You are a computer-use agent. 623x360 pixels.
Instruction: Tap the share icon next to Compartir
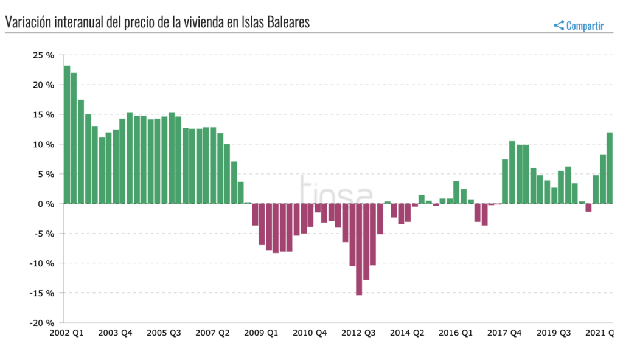pos(559,26)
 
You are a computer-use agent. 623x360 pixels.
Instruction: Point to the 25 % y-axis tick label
pos(43,55)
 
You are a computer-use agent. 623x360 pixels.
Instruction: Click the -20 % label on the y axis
pos(42,323)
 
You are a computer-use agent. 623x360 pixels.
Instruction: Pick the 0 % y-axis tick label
pos(46,204)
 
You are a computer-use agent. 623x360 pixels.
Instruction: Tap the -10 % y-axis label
pos(42,263)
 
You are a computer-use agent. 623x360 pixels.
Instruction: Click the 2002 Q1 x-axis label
pos(68,333)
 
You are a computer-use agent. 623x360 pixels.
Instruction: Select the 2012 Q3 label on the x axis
pos(360,333)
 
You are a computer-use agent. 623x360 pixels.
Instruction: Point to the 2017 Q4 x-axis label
pos(506,333)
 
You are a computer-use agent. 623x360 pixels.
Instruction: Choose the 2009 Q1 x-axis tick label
pos(262,333)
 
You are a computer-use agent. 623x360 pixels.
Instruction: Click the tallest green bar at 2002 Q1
pos(67,134)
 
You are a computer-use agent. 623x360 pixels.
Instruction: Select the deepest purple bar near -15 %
pos(359,249)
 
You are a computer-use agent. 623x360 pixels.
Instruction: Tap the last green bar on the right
pos(610,168)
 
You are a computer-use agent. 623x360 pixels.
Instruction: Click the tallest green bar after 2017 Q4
pos(512,173)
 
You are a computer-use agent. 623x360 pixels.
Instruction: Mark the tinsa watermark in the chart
pos(335,190)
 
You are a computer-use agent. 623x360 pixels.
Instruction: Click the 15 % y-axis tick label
pos(43,115)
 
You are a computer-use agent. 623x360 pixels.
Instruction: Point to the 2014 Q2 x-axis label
pos(408,333)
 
